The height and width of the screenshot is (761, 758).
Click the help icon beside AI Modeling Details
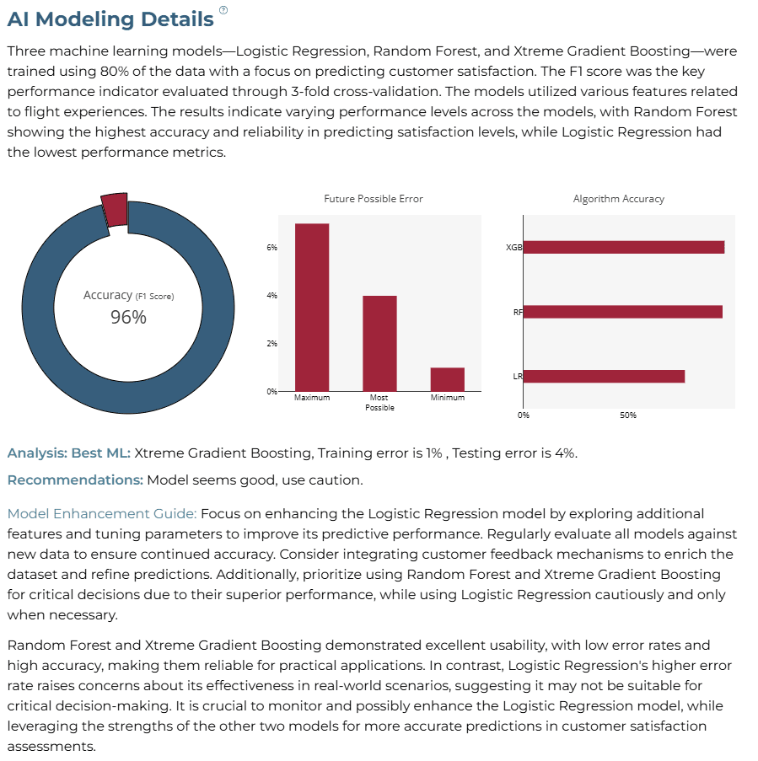(x=223, y=10)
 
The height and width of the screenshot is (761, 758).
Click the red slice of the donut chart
(x=115, y=210)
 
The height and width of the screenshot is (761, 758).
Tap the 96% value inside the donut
(x=128, y=317)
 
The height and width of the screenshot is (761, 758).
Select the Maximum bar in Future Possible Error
(x=312, y=308)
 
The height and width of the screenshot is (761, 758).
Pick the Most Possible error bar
(x=379, y=343)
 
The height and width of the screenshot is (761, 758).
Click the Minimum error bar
(x=447, y=379)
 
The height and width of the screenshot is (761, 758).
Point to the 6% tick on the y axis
(x=272, y=248)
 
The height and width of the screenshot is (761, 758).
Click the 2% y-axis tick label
(x=272, y=344)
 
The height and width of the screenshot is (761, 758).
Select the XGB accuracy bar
(x=624, y=247)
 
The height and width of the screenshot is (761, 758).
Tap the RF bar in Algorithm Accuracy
(x=623, y=312)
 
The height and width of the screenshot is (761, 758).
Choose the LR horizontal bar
(x=604, y=376)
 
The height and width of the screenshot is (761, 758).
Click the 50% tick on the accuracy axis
(x=628, y=415)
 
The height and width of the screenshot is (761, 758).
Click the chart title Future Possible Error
(x=374, y=199)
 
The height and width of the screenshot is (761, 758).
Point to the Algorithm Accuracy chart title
(x=619, y=199)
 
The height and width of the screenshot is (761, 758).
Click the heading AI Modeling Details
(x=110, y=19)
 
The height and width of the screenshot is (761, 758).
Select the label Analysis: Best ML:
(x=69, y=453)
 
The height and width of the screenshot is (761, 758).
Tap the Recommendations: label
(x=75, y=480)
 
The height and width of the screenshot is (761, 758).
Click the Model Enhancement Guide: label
(x=102, y=513)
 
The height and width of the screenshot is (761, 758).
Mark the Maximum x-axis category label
(x=312, y=398)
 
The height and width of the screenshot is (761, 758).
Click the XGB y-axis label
(x=514, y=248)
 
